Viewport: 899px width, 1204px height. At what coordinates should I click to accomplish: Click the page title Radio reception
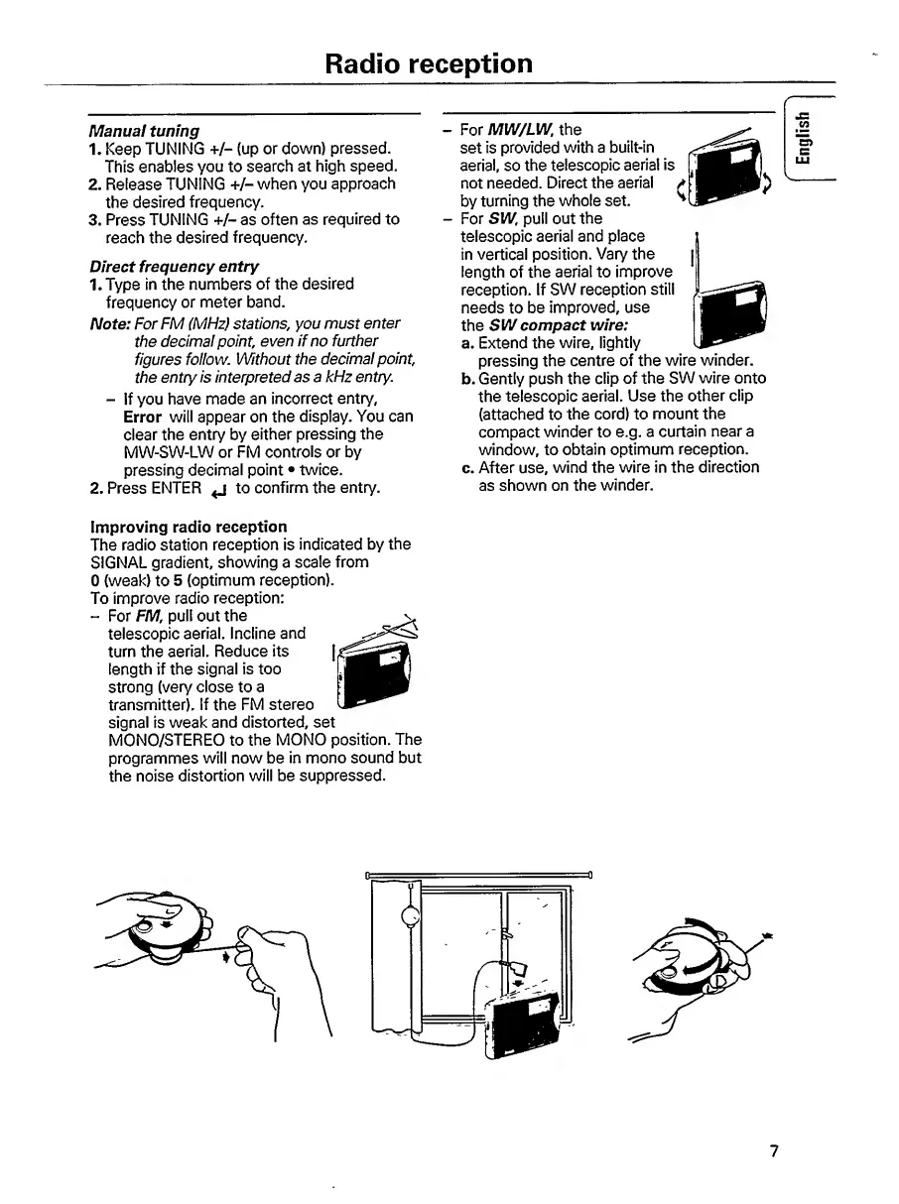pos(430,63)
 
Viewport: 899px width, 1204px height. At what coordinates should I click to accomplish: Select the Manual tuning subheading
pos(144,130)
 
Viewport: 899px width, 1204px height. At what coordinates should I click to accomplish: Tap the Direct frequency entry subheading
pos(174,266)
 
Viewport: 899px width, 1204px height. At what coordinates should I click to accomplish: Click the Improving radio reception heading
pos(189,526)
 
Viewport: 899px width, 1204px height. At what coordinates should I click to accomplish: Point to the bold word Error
pos(143,417)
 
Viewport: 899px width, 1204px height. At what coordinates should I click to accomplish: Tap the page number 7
pos(775,1151)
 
